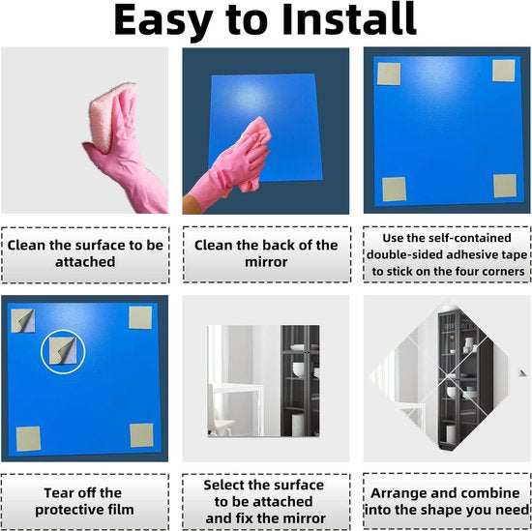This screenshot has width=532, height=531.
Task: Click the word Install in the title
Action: pyautogui.click(x=349, y=19)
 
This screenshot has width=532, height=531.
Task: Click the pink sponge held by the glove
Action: pyautogui.click(x=111, y=115)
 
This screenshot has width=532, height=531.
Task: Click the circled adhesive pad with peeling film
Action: pyautogui.click(x=63, y=351)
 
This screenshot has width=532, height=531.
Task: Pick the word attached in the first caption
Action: pyautogui.click(x=85, y=262)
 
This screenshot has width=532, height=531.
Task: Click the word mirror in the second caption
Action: pyautogui.click(x=266, y=262)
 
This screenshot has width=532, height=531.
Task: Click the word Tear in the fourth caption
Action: pyautogui.click(x=59, y=492)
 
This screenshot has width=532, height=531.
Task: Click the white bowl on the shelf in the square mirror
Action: pyautogui.click(x=298, y=369)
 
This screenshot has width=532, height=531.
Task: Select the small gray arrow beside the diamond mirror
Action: pyautogui.click(x=522, y=373)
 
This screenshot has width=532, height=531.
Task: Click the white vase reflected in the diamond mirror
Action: pyautogui.click(x=469, y=344)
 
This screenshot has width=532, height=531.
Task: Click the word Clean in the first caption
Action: pyautogui.click(x=26, y=246)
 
